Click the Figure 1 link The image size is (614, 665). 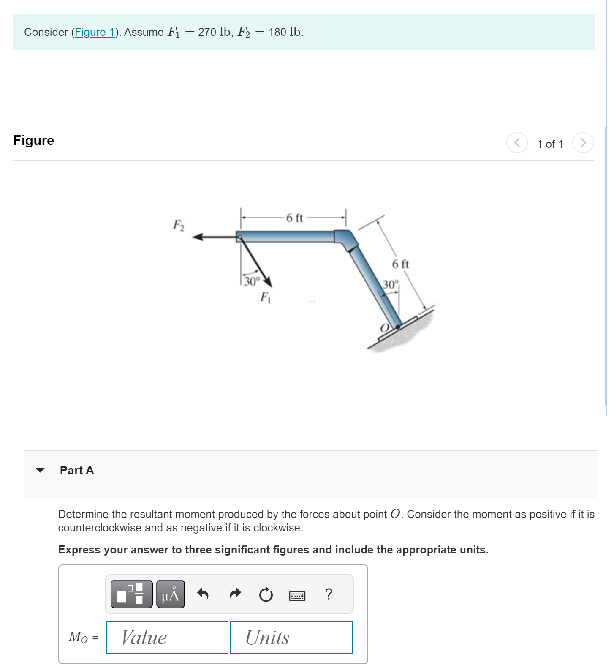[x=95, y=32]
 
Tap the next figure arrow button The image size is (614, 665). [x=583, y=143]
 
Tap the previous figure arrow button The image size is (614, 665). [x=517, y=143]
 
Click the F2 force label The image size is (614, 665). [x=179, y=225]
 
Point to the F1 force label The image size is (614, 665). [x=265, y=297]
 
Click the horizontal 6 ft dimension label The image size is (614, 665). [x=294, y=218]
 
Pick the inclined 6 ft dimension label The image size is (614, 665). [x=400, y=264]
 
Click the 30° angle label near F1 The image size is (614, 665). [x=252, y=281]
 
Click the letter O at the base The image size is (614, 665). [x=384, y=328]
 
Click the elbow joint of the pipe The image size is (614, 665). [x=346, y=239]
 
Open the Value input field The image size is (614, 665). [x=167, y=637]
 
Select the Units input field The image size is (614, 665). [x=291, y=637]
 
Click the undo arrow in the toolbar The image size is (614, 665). [x=203, y=594]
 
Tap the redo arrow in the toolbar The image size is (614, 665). [x=235, y=594]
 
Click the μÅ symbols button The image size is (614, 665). [x=170, y=594]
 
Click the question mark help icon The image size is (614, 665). [x=329, y=594]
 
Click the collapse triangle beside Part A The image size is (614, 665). [x=41, y=470]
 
